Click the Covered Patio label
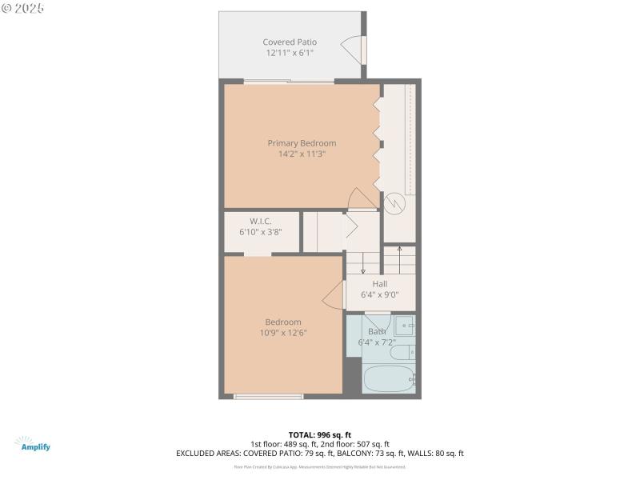[290, 42]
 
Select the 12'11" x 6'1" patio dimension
[290, 53]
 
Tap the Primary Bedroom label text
[302, 143]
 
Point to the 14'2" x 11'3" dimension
[302, 154]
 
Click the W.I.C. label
[261, 221]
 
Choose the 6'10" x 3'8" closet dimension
[261, 232]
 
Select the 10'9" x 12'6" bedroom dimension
[283, 333]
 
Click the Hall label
[379, 283]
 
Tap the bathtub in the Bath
[388, 378]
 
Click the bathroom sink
[404, 325]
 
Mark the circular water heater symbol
[395, 203]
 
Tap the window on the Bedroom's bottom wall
[268, 396]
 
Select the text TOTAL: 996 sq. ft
[319, 434]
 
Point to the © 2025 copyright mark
[23, 8]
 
